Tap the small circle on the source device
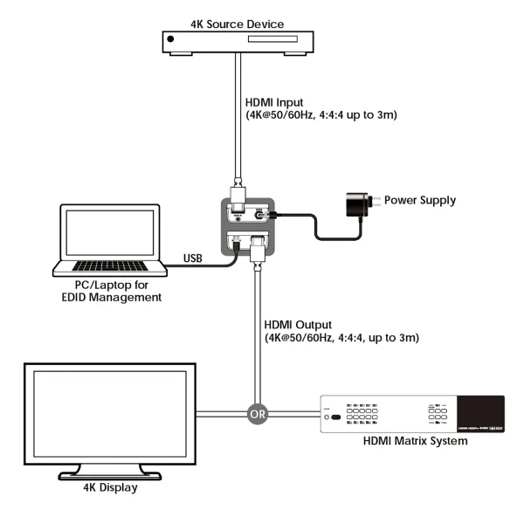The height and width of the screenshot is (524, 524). [170, 38]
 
